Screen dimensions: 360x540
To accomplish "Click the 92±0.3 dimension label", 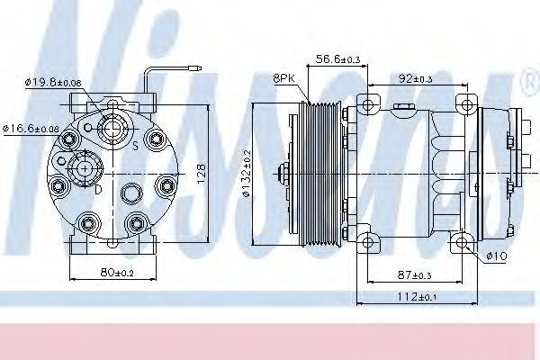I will coord(416,79).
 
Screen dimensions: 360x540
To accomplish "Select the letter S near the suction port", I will coord(135,144).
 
